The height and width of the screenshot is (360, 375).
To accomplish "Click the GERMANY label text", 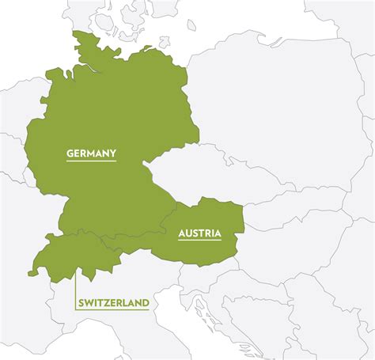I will (91, 153).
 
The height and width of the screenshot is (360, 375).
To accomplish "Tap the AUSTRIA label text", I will (199, 233).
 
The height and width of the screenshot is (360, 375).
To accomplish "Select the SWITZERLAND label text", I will (113, 302).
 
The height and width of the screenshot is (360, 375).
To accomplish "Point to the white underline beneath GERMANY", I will (91, 161).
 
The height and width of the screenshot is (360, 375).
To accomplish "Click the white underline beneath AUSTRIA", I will (199, 241).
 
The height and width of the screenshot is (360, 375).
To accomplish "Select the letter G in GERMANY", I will (70, 153).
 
